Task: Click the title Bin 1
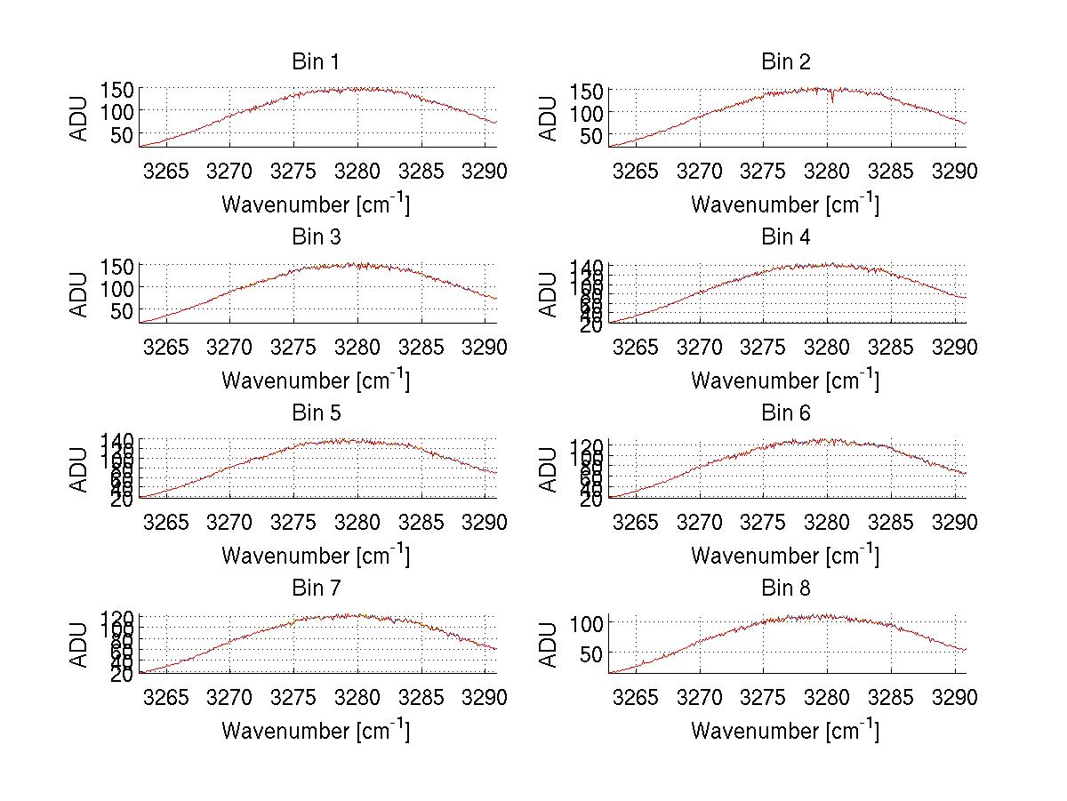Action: pos(315,62)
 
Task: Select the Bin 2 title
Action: pos(786,62)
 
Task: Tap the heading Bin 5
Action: pos(315,413)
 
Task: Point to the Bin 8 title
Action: pos(786,589)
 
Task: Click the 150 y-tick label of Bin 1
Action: pos(117,89)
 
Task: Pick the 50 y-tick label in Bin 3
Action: pos(123,310)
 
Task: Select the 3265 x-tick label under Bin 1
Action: pos(166,171)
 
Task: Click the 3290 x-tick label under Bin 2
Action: pos(954,171)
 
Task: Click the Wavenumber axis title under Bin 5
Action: pos(315,556)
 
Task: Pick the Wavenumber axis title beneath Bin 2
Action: pos(785,204)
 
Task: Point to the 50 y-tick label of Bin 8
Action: pos(592,652)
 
